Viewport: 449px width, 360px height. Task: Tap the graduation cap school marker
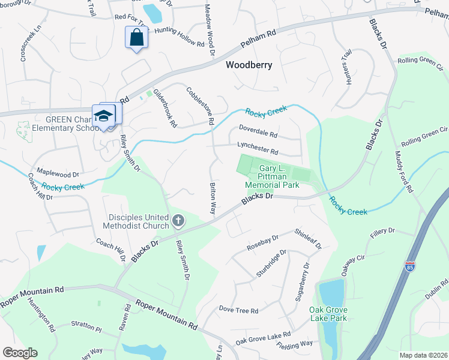pyautogui.click(x=103, y=116)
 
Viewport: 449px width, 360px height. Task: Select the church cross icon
pyautogui.click(x=178, y=221)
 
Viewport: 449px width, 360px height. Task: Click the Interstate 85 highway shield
pyautogui.click(x=410, y=266)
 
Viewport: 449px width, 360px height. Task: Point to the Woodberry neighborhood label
pyautogui.click(x=249, y=65)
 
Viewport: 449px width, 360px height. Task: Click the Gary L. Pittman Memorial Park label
pyautogui.click(x=279, y=177)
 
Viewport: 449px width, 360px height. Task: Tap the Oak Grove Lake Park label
pyautogui.click(x=328, y=314)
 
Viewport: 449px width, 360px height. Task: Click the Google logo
pyautogui.click(x=20, y=352)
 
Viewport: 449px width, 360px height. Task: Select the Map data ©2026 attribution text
pyautogui.click(x=423, y=355)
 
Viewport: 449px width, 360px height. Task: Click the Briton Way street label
pyautogui.click(x=212, y=198)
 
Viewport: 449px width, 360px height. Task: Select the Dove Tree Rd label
pyautogui.click(x=238, y=310)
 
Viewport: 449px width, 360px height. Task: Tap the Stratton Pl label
pyautogui.click(x=85, y=326)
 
